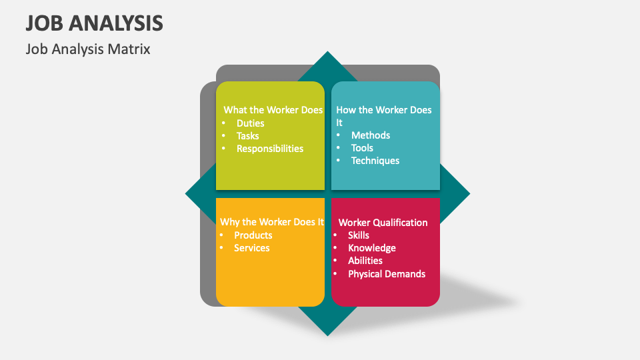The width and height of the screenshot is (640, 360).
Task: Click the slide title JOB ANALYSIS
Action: pos(95,23)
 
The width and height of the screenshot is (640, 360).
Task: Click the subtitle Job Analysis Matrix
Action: pos(88,49)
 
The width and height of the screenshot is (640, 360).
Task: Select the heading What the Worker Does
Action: pos(273,110)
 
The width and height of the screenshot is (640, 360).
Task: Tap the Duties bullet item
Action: pos(250,123)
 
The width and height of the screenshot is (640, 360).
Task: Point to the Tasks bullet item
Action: pos(247,136)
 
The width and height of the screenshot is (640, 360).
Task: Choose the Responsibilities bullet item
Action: pos(269,149)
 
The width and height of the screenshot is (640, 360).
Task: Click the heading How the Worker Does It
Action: pos(383,115)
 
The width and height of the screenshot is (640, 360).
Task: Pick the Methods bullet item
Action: pos(371,135)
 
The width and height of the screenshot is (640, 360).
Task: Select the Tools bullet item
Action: pos(362,148)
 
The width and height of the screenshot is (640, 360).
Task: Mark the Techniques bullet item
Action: pos(375,161)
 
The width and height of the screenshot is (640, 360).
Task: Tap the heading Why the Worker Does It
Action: pos(272,222)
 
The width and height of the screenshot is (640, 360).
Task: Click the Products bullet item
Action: pos(253,235)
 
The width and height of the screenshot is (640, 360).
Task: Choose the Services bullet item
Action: pos(251,248)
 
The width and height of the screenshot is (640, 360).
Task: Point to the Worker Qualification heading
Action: pos(383,223)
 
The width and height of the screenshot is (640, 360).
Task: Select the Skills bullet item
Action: pos(358,235)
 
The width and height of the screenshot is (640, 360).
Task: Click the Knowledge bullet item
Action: pos(371,248)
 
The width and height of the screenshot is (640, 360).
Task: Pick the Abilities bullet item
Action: pos(365,261)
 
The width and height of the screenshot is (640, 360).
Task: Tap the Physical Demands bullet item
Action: pos(386,274)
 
